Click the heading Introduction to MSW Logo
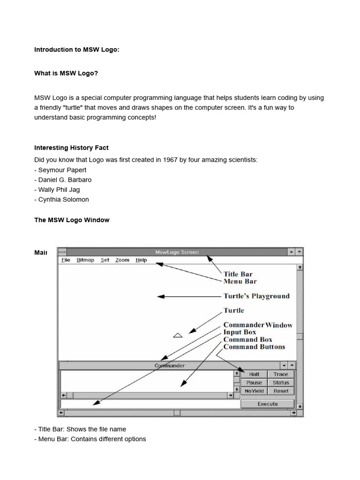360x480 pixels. pos(76,50)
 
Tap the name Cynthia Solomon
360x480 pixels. pos(63,199)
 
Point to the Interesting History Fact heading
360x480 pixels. pos(71,148)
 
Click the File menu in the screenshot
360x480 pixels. pos(66,260)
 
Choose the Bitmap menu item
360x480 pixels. pos(85,260)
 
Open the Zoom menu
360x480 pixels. pos(122,260)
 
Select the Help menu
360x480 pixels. pos(141,260)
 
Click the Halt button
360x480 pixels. pos(254,374)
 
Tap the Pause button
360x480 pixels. pos(254,382)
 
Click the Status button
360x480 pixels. pos(281,382)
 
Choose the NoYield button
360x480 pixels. pos(254,391)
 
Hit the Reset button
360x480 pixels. pos(281,391)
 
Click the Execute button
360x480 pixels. pos(268,404)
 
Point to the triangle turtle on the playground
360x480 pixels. pos(178,335)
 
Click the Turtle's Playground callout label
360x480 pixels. pos(256,296)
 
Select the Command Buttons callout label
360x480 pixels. pos(254,347)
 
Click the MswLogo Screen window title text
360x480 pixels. pos(177,252)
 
